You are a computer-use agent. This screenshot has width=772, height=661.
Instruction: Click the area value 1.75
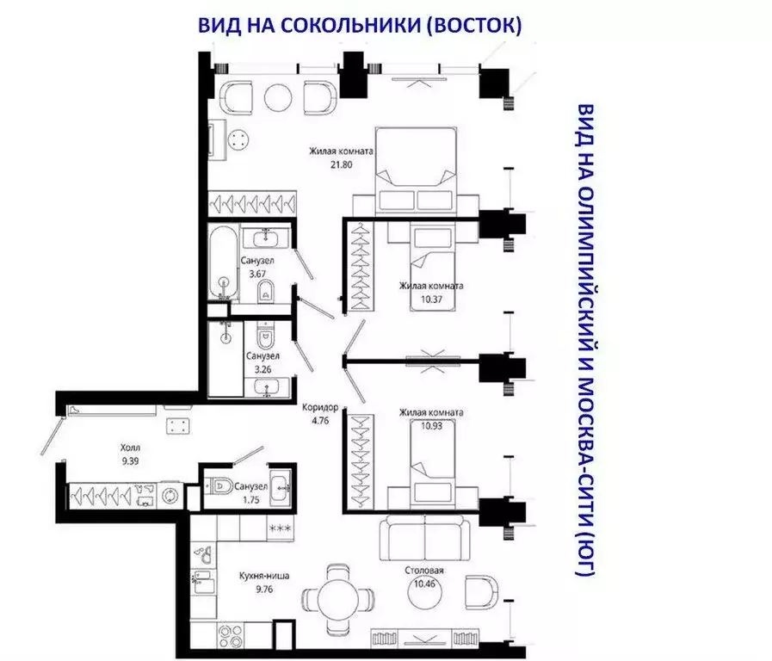[x=255, y=498]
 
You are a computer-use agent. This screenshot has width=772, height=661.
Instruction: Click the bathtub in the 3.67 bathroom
[x=223, y=262]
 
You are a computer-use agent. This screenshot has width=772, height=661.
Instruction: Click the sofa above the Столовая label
[x=425, y=539]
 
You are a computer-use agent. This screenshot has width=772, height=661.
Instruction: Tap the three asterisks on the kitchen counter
[x=280, y=528]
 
